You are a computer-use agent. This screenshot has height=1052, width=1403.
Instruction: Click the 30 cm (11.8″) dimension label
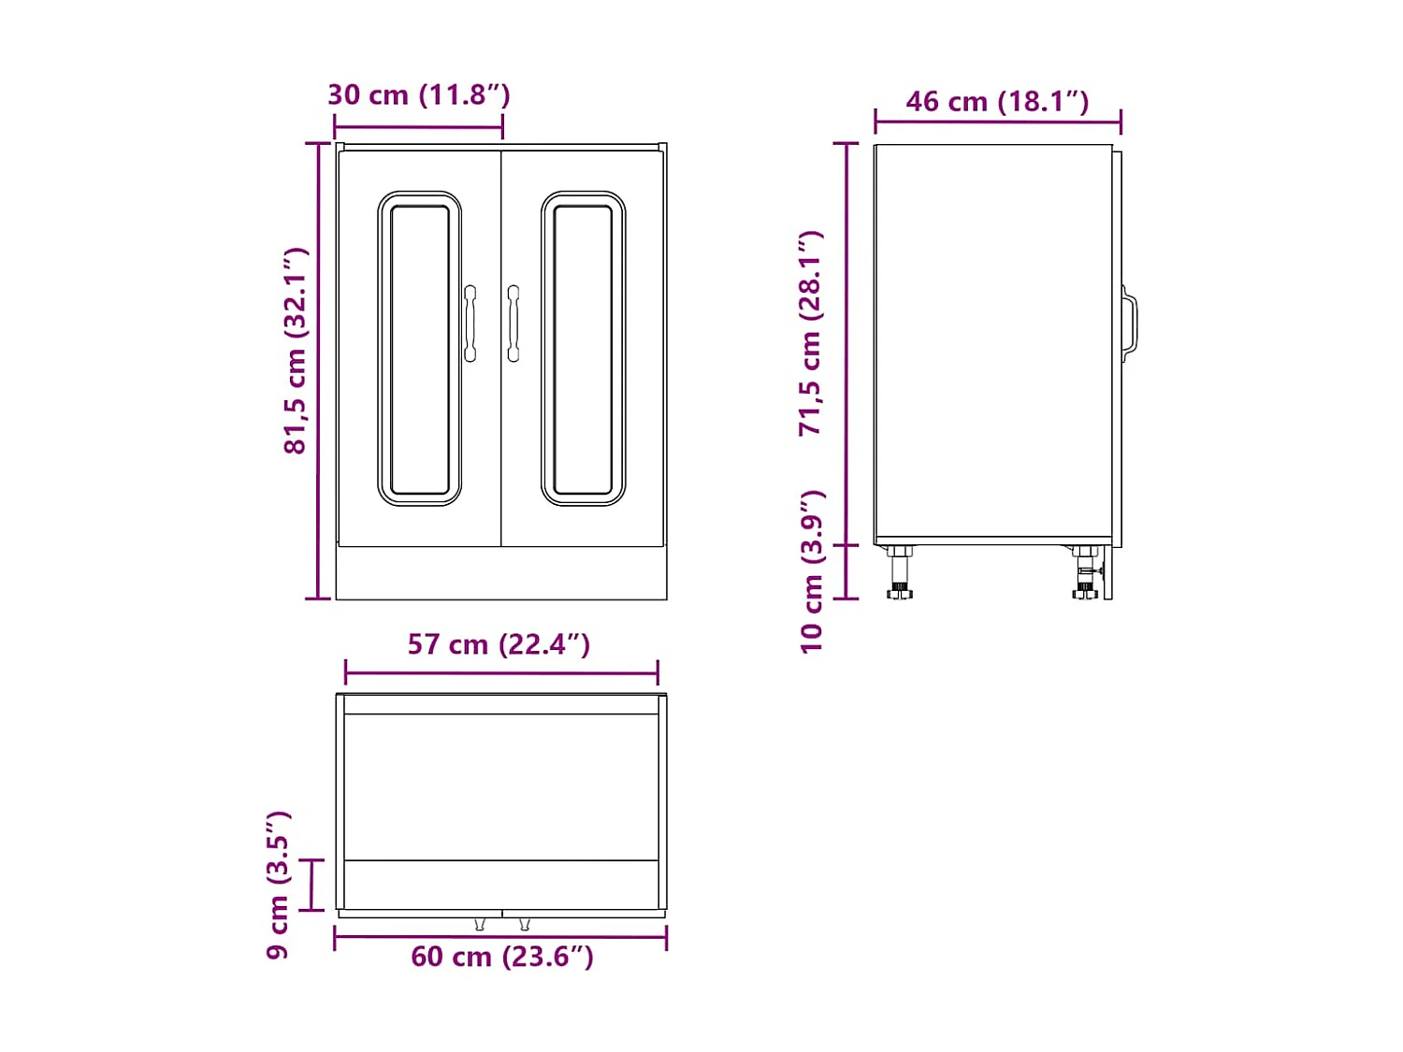click(418, 94)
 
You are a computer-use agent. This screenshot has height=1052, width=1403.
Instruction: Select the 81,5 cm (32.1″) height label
click(296, 351)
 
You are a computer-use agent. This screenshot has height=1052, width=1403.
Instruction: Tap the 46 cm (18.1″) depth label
click(997, 101)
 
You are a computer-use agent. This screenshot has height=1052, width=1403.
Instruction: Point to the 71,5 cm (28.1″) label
click(811, 333)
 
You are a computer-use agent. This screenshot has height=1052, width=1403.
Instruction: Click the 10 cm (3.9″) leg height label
click(812, 570)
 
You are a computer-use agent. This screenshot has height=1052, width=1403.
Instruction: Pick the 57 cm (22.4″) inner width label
click(499, 644)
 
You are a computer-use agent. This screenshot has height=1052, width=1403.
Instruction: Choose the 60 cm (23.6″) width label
click(502, 957)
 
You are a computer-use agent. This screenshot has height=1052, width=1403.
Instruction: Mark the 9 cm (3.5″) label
click(279, 885)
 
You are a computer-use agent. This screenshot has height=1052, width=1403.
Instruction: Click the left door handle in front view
click(470, 324)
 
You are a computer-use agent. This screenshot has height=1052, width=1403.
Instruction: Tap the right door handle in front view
click(513, 324)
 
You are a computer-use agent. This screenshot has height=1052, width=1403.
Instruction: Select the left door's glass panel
click(419, 349)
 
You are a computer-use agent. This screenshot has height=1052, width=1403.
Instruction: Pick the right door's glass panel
click(583, 349)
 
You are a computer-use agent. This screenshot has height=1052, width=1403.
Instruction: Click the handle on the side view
click(1130, 324)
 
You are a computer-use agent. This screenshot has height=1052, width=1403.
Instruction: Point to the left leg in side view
click(900, 572)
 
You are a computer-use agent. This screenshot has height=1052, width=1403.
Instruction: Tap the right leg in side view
click(1086, 572)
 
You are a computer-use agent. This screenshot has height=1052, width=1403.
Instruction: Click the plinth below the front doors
click(501, 573)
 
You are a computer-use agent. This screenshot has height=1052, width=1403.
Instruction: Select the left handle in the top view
click(480, 924)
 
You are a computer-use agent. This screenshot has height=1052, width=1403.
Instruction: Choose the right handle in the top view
click(524, 924)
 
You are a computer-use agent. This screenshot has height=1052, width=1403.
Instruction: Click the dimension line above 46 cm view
click(997, 121)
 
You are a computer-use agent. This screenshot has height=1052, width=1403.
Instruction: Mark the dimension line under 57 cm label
click(501, 671)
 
